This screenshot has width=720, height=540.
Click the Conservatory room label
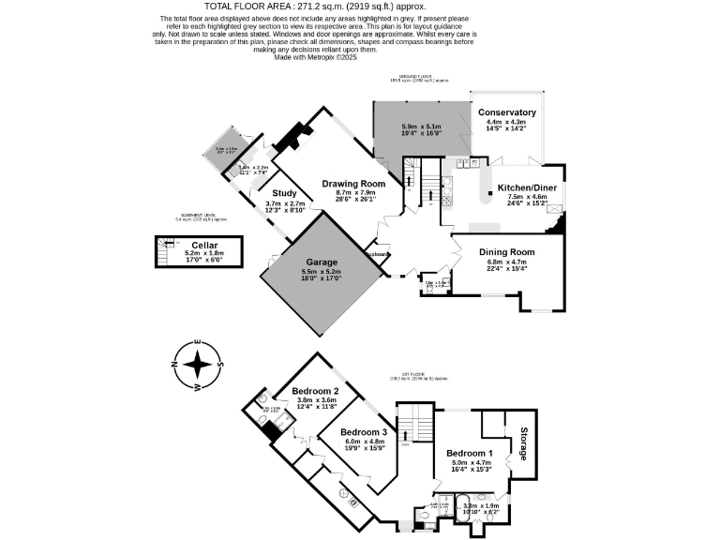[506, 112]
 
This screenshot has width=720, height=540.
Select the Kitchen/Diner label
[531, 187]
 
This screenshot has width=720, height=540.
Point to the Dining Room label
[506, 251]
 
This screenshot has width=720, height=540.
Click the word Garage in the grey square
[321, 262]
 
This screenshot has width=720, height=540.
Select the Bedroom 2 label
[315, 391]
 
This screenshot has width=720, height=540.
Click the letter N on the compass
[173, 364]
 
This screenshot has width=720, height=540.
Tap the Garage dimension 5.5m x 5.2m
[321, 272]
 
